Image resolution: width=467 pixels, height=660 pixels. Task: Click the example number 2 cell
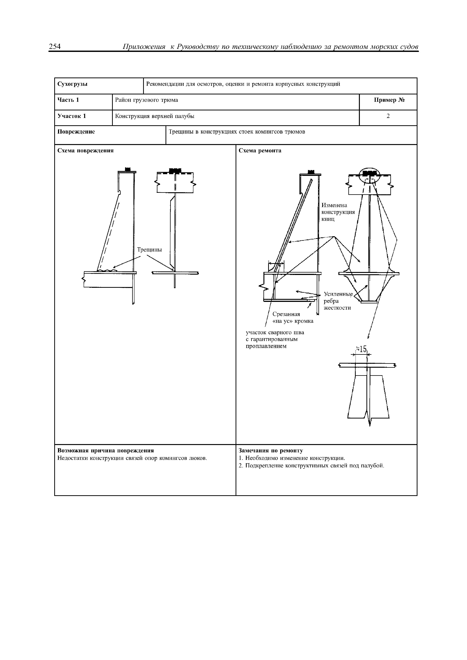coord(388,116)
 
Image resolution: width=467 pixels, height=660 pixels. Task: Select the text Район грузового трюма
coord(147,100)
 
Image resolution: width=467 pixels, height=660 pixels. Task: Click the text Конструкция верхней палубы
coord(155,116)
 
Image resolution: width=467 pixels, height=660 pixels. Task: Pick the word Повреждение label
coord(76,132)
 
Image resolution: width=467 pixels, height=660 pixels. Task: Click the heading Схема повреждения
coord(86,151)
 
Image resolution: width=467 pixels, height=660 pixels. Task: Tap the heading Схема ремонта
coord(260,151)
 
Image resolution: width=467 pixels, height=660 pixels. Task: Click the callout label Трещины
coord(149,250)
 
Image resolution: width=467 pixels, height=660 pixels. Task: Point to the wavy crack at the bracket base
coord(107,270)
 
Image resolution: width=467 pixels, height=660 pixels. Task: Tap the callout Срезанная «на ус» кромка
coord(293,317)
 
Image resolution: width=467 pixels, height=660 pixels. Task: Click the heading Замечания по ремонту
coord(271,450)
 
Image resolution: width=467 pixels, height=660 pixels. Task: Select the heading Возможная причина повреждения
coord(106,450)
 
